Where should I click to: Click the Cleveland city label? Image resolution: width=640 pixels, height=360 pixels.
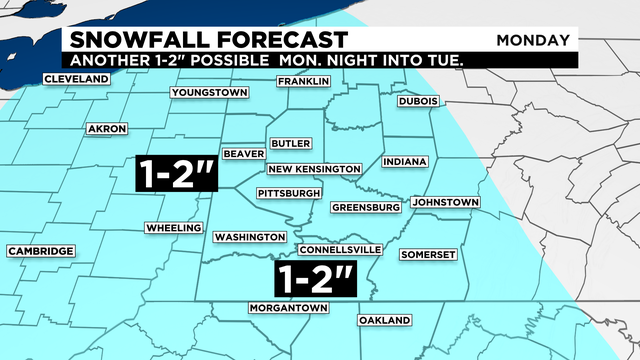pyautogui.click(x=77, y=79)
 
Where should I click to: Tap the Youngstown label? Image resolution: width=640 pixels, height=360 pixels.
pyautogui.click(x=209, y=93)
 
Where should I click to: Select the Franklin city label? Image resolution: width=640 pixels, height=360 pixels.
pyautogui.click(x=304, y=81)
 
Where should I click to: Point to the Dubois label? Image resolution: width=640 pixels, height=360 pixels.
pyautogui.click(x=419, y=101)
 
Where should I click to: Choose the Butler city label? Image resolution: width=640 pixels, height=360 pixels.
pyautogui.click(x=291, y=144)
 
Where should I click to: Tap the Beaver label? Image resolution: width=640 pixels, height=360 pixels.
pyautogui.click(x=243, y=154)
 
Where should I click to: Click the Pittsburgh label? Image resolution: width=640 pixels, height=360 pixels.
pyautogui.click(x=289, y=192)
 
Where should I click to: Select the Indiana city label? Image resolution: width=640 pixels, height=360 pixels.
pyautogui.click(x=404, y=162)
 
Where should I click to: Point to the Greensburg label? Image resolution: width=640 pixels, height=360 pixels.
pyautogui.click(x=366, y=208)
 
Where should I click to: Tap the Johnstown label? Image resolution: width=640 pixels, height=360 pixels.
pyautogui.click(x=445, y=203)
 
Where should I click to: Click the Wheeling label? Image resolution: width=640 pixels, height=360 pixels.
pyautogui.click(x=174, y=228)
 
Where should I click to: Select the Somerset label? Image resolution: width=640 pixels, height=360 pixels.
pyautogui.click(x=428, y=254)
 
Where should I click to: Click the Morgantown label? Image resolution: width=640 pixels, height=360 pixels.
pyautogui.click(x=289, y=307)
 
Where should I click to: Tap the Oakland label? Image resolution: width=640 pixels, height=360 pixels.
pyautogui.click(x=385, y=320)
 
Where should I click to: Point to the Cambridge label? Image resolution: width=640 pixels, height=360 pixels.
pyautogui.click(x=41, y=251)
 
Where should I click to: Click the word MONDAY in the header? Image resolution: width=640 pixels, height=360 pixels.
pyautogui.click(x=533, y=41)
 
